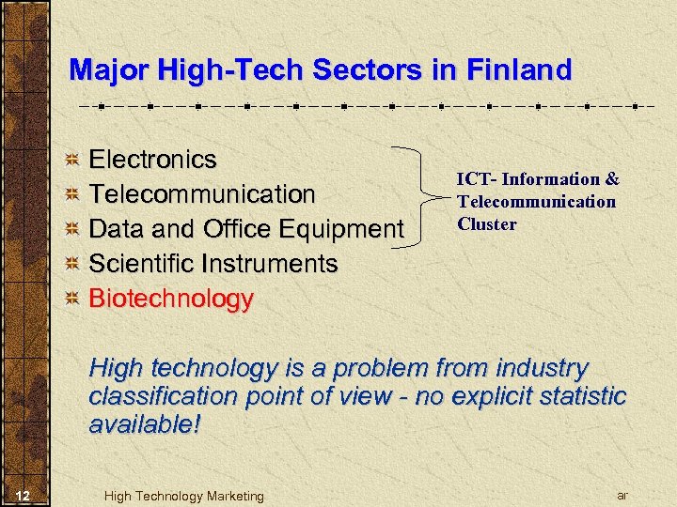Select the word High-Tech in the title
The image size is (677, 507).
click(x=222, y=70)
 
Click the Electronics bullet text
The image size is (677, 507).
click(x=152, y=160)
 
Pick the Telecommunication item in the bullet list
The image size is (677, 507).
click(x=202, y=194)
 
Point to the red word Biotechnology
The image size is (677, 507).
click(x=171, y=299)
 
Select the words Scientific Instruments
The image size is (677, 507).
click(x=213, y=264)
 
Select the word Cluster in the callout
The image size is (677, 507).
click(x=487, y=223)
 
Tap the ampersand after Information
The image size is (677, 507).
click(x=612, y=178)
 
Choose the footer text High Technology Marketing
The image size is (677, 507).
click(x=184, y=496)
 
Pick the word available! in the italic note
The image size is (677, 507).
click(x=145, y=424)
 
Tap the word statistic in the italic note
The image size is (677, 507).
click(x=572, y=396)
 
